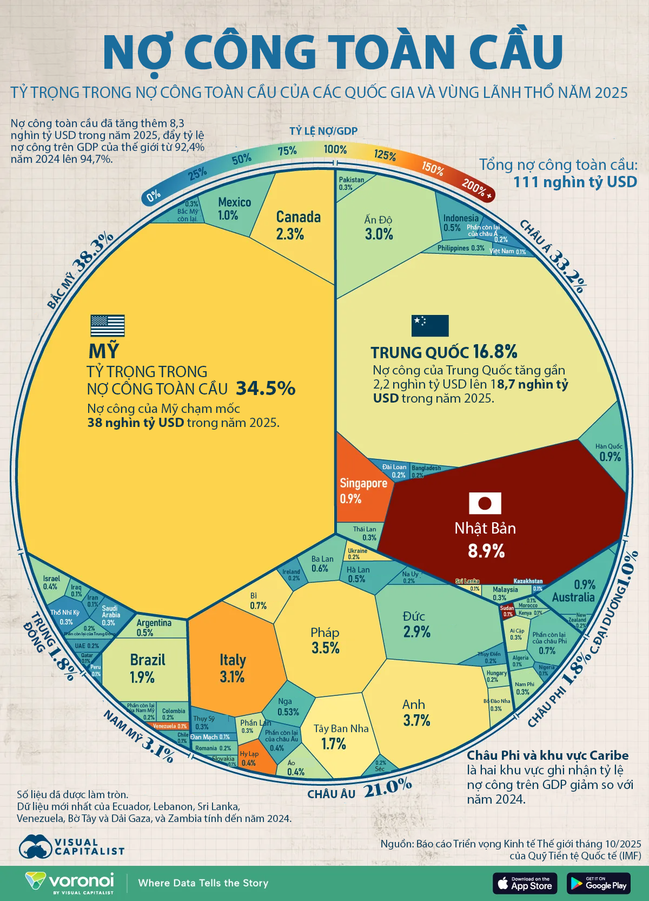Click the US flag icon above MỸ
[x=107, y=326]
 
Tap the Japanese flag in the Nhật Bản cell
[x=485, y=503]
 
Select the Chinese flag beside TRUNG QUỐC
[x=430, y=326]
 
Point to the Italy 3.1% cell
[x=233, y=668]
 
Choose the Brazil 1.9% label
[x=147, y=668]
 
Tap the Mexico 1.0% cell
[x=234, y=208]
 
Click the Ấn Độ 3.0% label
[x=379, y=227]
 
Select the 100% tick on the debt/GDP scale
[x=335, y=149]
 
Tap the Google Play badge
[x=599, y=883]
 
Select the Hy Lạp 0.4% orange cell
[x=250, y=758]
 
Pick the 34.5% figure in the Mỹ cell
[x=265, y=388]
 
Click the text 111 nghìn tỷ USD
[x=575, y=182]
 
